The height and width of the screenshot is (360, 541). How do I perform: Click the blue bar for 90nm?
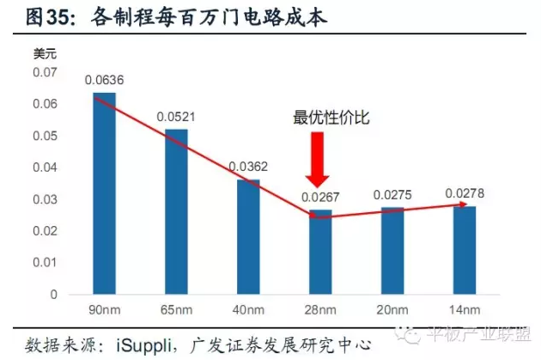pos(104,193)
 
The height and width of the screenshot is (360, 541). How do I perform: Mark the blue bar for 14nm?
pos(465,250)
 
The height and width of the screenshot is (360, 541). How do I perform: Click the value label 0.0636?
pos(104,81)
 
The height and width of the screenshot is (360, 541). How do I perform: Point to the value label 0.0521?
pos(176,117)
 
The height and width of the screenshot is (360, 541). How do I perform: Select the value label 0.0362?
pos(248,167)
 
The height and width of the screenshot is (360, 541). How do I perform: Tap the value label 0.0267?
pos(320,198)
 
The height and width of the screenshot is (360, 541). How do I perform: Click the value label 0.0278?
pos(465,194)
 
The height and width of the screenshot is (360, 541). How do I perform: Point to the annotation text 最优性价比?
pos(331,118)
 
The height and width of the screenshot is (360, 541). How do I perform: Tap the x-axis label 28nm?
pos(319,310)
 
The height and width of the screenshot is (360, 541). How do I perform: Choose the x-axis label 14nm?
pos(465,310)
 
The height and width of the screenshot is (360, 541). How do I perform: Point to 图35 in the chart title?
pos(46,17)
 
